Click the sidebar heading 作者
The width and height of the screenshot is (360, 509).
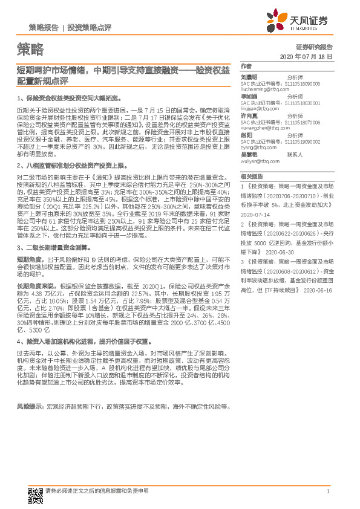[245, 66]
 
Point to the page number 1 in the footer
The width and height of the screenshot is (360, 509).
[327, 491]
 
